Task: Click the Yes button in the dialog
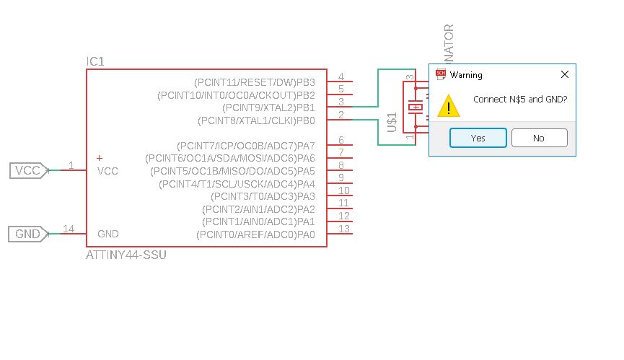(x=478, y=138)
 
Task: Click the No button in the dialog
(x=539, y=138)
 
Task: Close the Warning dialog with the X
(x=565, y=74)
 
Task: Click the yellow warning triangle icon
(x=449, y=106)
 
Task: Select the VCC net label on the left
(x=27, y=171)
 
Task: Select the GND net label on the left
(x=27, y=234)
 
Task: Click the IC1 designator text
(x=95, y=63)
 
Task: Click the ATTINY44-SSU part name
(x=126, y=255)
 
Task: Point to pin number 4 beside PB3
(x=340, y=77)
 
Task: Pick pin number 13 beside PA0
(x=344, y=229)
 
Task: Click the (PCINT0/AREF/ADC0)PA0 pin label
(x=255, y=234)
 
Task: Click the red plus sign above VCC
(x=100, y=158)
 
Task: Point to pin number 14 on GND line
(x=69, y=229)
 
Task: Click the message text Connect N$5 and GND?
(x=519, y=100)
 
